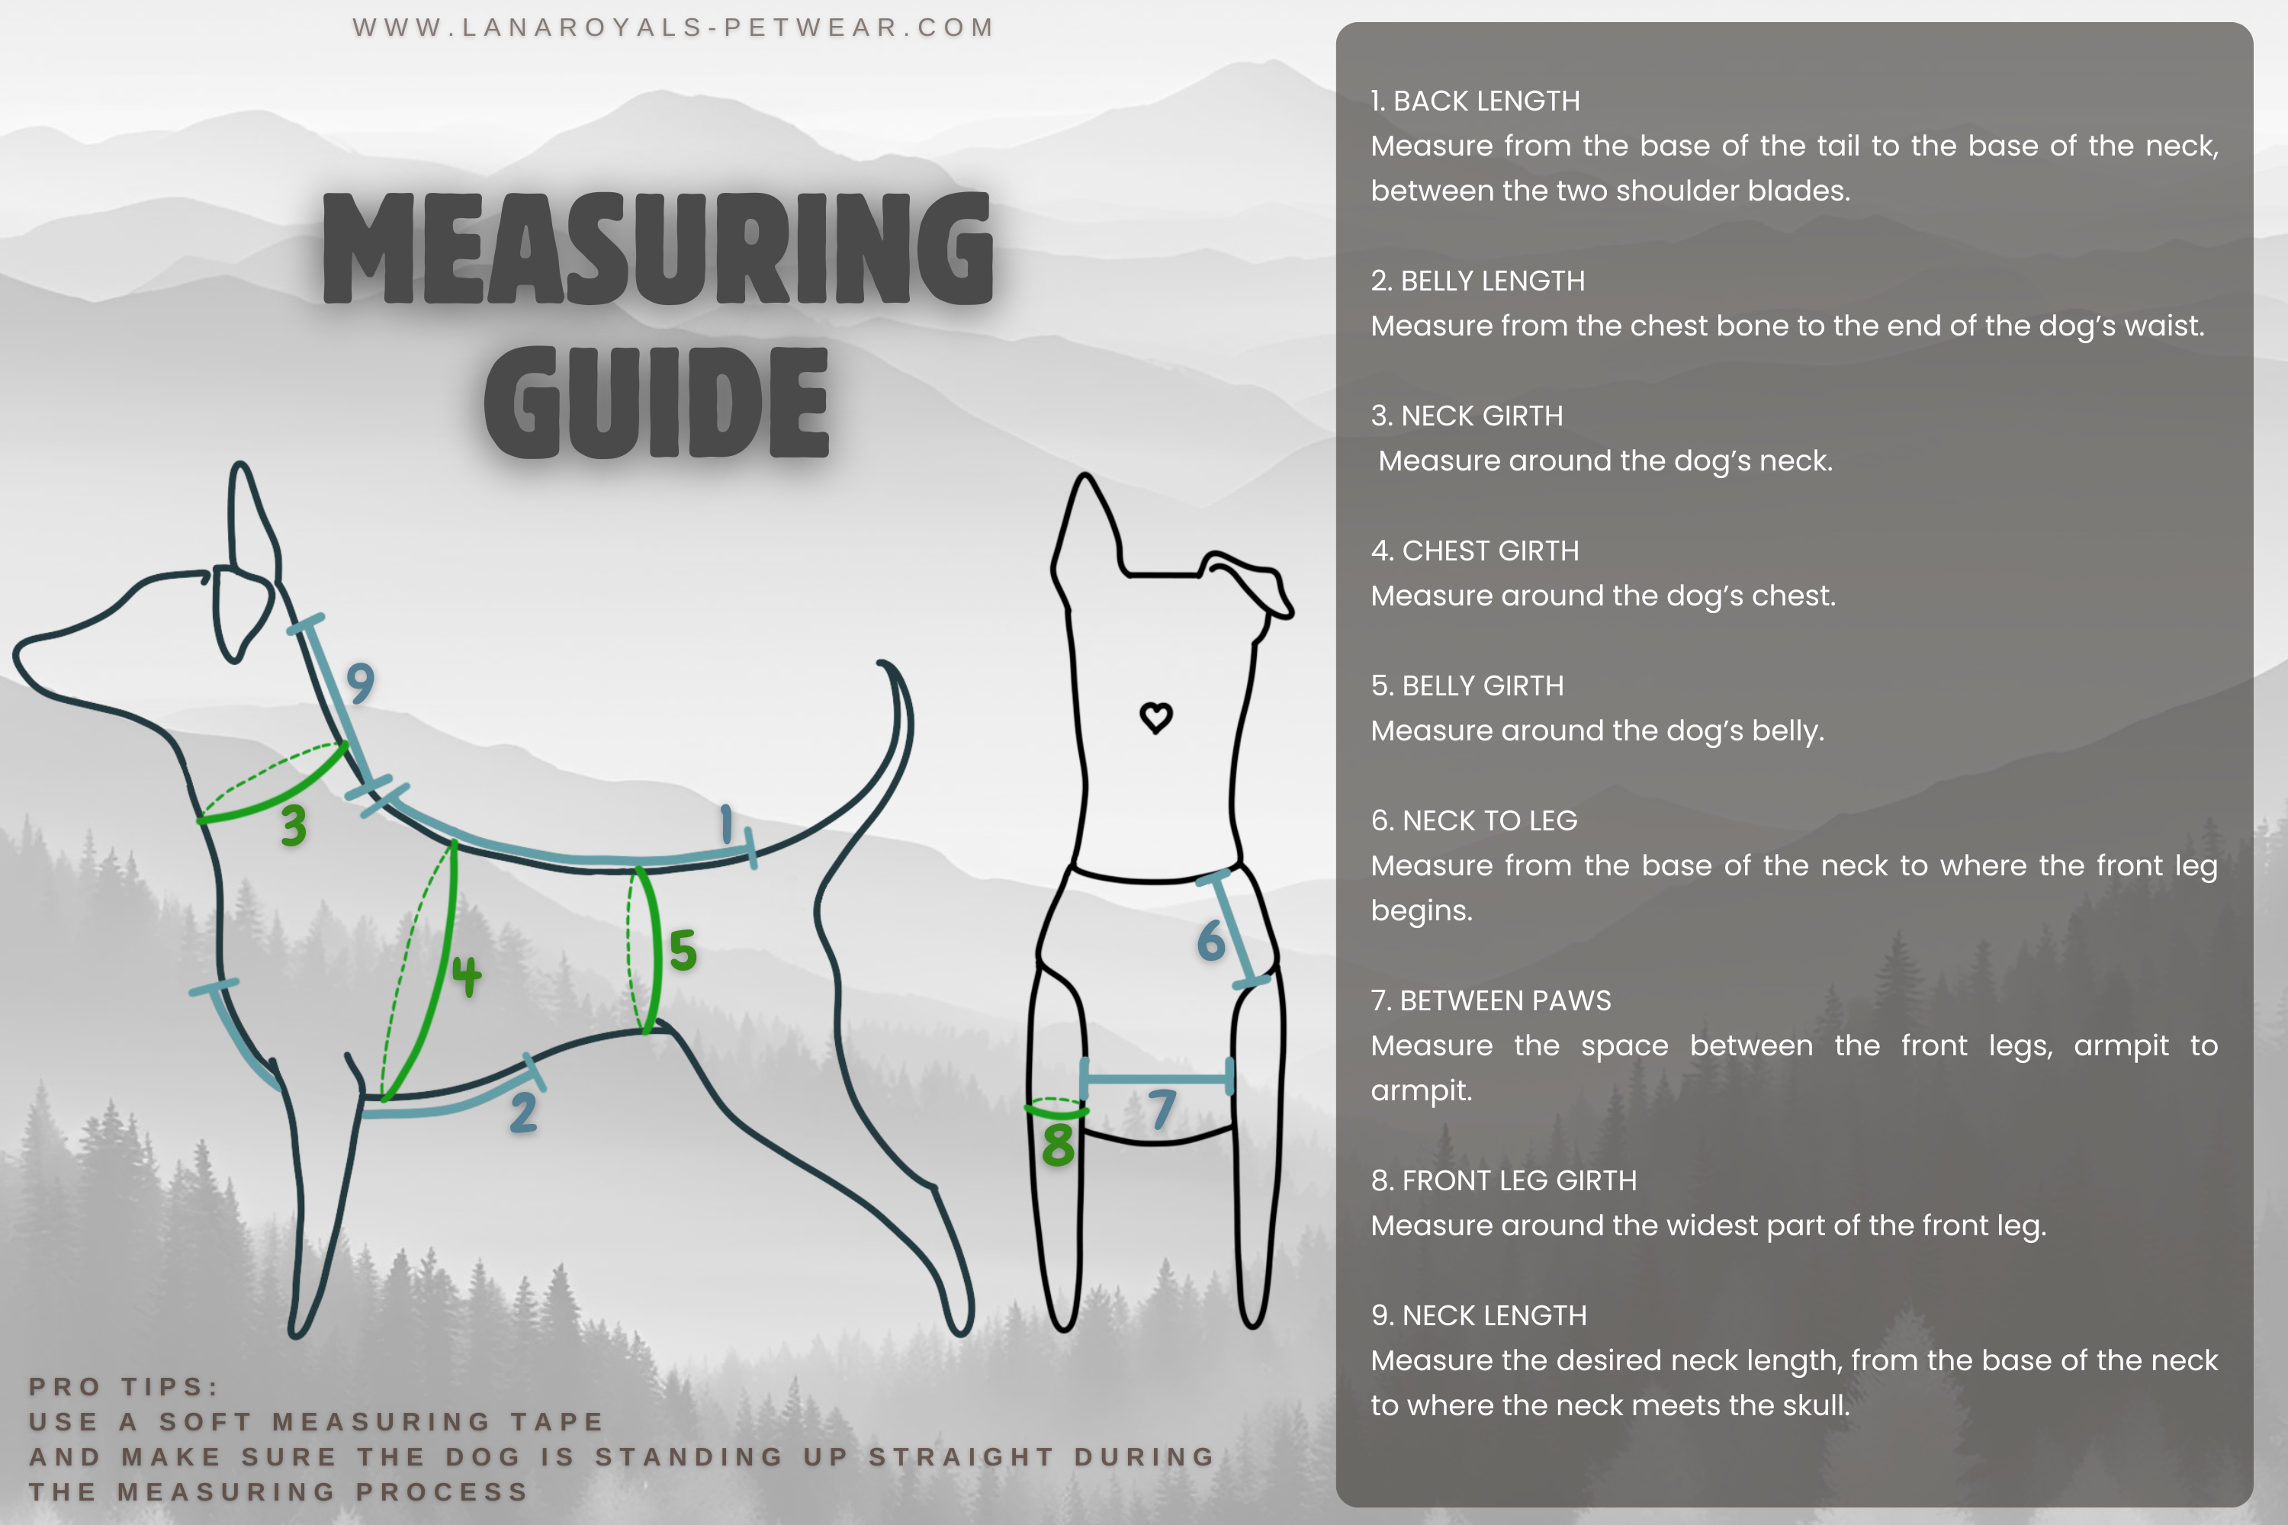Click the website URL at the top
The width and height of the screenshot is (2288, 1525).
tap(673, 27)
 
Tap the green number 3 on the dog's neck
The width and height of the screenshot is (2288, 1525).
tap(294, 826)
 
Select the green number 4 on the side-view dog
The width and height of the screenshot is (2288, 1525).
tap(466, 975)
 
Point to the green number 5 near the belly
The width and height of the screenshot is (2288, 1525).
tap(683, 950)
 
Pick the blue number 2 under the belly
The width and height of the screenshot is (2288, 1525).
tap(523, 1112)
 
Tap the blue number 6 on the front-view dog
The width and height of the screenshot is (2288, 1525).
tap(1211, 940)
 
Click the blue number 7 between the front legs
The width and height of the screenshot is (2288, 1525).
tap(1162, 1109)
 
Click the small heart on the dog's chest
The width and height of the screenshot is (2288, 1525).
tap(1155, 718)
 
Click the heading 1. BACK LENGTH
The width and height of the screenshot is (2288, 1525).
tap(1475, 101)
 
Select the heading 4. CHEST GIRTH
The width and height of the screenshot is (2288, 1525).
tap(1475, 551)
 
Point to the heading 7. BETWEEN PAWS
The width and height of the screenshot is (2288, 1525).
tap(1490, 1000)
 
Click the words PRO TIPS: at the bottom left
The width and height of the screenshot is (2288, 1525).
tap(124, 1387)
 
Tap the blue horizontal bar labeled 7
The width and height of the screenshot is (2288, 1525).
tap(1157, 1079)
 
